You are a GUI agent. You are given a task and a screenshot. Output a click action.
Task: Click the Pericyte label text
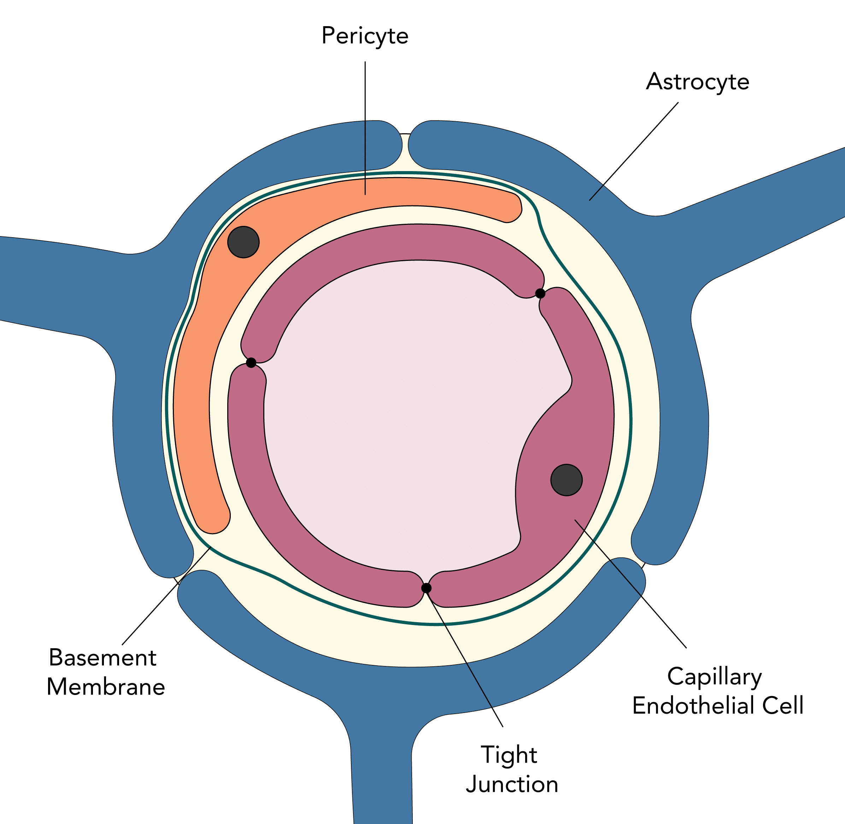tap(365, 36)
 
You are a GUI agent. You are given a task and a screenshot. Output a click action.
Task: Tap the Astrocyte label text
tap(698, 82)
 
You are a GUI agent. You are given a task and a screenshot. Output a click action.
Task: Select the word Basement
tap(102, 658)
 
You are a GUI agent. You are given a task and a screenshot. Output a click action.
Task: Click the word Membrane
tap(106, 687)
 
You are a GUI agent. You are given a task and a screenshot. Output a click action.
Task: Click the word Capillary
tap(714, 677)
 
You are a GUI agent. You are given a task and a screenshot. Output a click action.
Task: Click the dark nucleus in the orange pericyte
tap(243, 242)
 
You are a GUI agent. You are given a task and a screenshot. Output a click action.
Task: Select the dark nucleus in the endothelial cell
tap(567, 480)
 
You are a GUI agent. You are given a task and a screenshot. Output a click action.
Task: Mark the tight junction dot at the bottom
tap(426, 588)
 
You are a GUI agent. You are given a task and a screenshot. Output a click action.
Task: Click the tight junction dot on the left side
tap(251, 363)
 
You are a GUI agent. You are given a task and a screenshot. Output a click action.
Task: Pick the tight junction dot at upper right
tap(540, 293)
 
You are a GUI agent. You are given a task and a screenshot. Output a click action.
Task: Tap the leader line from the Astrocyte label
tap(634, 151)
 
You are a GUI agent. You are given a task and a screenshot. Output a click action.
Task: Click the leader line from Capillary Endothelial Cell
tap(632, 585)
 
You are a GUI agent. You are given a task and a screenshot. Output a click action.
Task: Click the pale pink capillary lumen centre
tap(403, 411)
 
